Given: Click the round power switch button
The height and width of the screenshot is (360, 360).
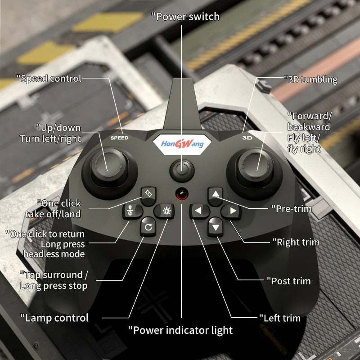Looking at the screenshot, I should point(182,171).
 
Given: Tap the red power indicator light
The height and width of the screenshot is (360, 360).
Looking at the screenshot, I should point(182,193).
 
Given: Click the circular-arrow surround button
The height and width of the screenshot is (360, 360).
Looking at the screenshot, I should point(148,227).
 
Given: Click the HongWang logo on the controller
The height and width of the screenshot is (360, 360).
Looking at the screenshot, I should point(182,144).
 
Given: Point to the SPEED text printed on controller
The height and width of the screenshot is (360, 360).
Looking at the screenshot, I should point(119,138).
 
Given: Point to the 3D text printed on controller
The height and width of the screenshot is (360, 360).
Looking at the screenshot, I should point(247,138).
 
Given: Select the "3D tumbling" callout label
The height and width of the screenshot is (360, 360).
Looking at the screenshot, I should point(310,80).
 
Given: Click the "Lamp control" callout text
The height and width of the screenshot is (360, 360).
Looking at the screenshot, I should point(54,318).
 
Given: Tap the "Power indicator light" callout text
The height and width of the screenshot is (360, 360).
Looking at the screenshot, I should point(180,330).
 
